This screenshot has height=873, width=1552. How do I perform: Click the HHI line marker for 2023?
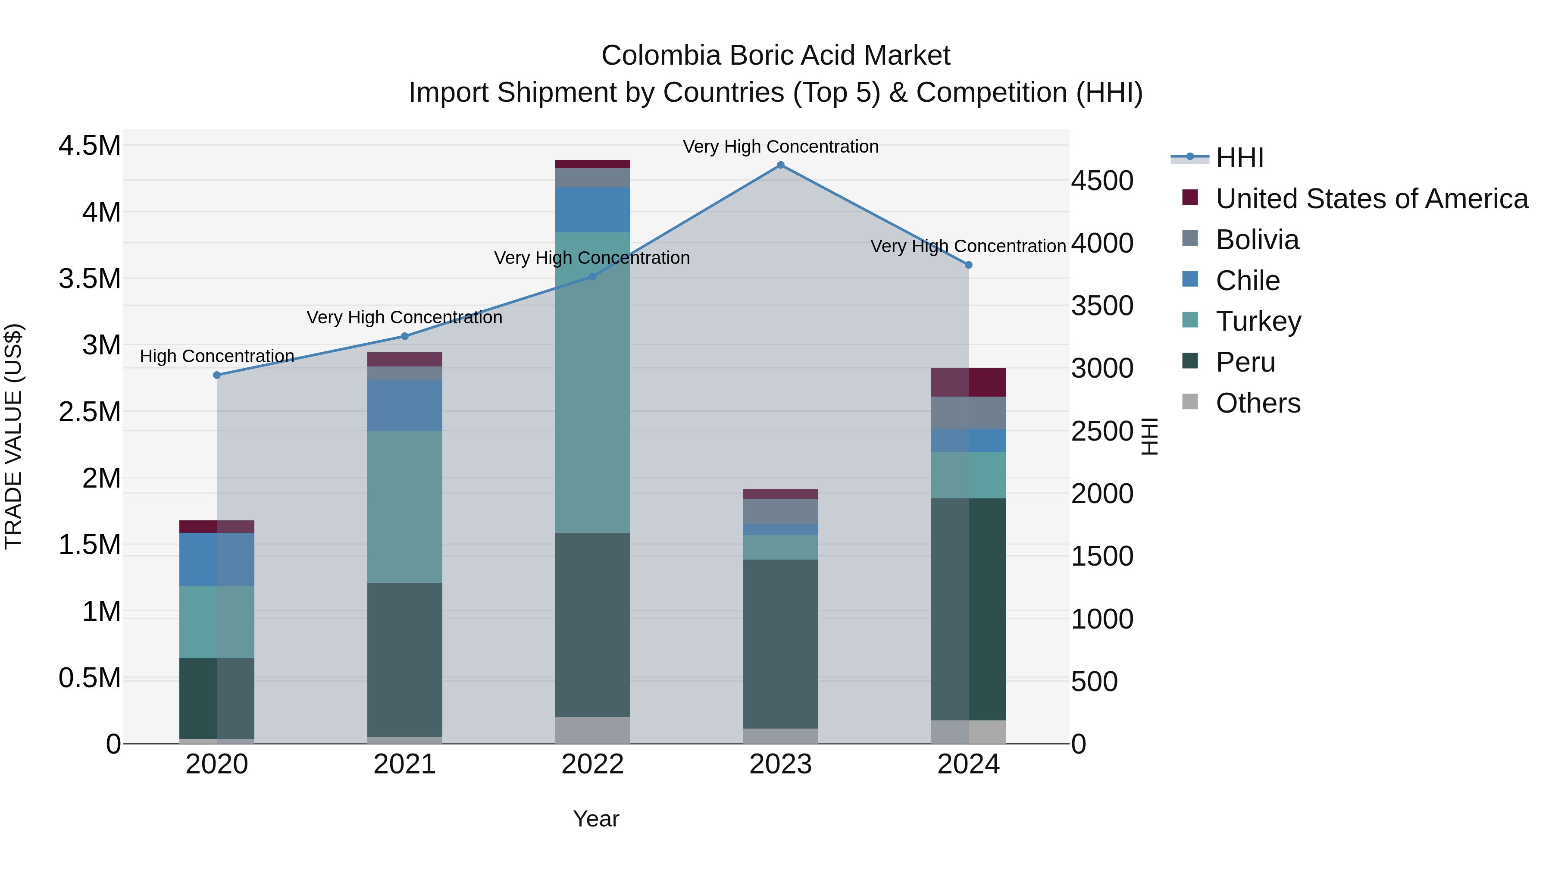780,165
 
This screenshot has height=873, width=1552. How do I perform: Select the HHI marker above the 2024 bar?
968,265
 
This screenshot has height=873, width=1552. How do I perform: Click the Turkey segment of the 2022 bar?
592,382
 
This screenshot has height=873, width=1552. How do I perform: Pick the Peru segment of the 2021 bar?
404,660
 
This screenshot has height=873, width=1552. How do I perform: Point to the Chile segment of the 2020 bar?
217,559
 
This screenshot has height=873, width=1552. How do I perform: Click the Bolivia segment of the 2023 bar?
780,511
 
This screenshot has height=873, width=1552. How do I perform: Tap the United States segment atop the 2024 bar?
968,382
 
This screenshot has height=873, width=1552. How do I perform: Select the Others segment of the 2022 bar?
592,730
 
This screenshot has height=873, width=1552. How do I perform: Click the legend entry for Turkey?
1258,321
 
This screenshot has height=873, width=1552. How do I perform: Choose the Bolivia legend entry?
1257,240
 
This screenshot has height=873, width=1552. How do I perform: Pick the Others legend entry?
1258,403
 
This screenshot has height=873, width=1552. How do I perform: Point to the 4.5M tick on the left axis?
89,146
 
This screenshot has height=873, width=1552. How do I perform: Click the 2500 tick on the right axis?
1102,432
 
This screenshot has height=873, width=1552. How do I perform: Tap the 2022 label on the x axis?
592,764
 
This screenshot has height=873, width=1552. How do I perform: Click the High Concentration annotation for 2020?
217,356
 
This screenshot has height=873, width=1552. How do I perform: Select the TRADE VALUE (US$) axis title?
13,436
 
